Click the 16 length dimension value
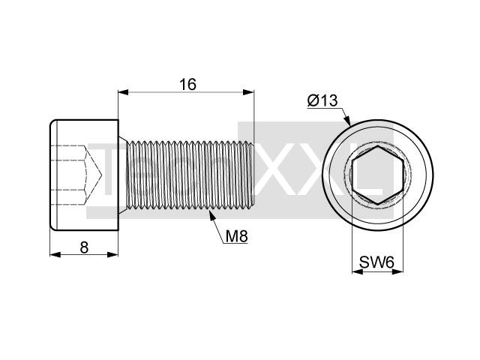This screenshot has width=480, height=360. [x=187, y=85]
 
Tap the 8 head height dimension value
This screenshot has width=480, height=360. [x=84, y=247]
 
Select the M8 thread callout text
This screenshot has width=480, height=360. [x=236, y=236]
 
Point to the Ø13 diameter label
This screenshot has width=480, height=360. [x=322, y=100]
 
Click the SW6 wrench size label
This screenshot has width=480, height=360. [x=376, y=262]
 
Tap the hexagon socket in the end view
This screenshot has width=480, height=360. [x=378, y=175]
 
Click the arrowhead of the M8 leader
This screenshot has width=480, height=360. [x=211, y=214]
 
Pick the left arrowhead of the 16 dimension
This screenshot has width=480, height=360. [x=123, y=92]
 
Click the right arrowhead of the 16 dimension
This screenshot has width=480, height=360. [x=248, y=92]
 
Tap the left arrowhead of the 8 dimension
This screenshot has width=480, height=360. [x=55, y=254]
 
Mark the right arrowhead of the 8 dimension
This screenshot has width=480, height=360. [x=112, y=254]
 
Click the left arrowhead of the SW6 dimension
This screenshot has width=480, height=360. [x=358, y=271]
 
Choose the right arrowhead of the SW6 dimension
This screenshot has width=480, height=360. [x=398, y=271]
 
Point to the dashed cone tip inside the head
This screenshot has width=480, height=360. [x=101, y=175]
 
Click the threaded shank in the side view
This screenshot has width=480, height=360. [x=190, y=175]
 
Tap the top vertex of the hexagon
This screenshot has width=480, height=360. [x=378, y=145]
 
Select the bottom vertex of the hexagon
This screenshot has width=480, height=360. [x=378, y=204]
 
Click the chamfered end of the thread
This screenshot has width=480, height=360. [x=253, y=175]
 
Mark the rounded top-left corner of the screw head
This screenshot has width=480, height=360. [x=52, y=121]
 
